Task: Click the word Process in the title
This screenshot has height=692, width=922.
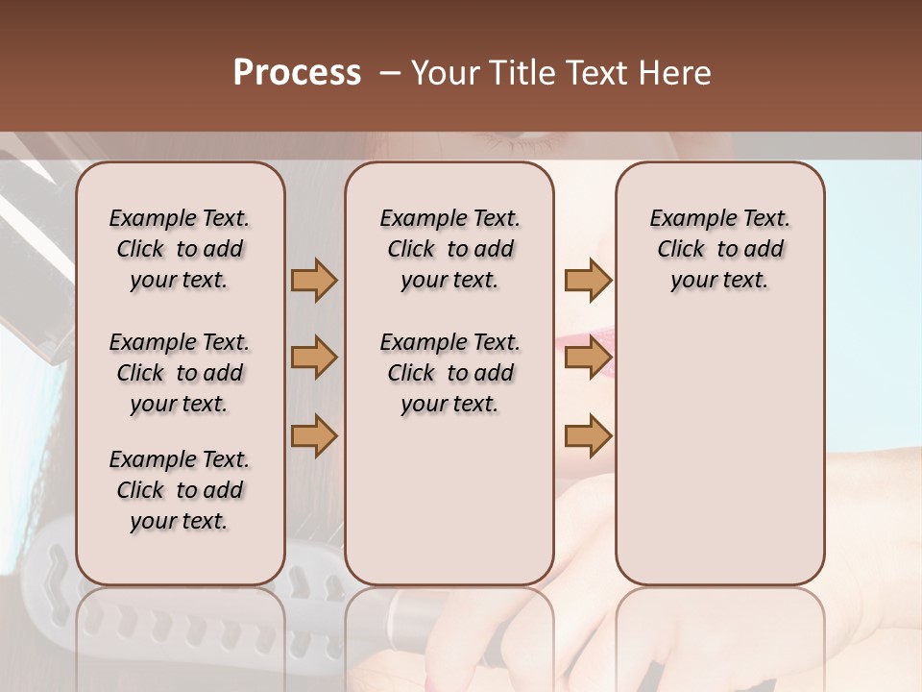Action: coord(297,73)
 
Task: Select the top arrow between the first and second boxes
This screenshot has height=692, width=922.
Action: coord(314,280)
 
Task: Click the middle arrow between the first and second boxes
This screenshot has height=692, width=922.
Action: coord(314,358)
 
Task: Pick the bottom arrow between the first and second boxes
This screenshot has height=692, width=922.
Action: coord(314,435)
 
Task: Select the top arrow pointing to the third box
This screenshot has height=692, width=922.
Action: coord(588,280)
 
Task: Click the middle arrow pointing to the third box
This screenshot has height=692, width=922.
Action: coord(588,358)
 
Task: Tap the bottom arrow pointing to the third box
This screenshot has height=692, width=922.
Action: coord(588,435)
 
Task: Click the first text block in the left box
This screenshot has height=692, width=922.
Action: coord(180,249)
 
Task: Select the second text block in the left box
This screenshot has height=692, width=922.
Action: coord(180,373)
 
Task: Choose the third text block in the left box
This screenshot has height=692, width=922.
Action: coord(180,490)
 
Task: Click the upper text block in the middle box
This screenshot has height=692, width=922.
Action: coord(449,249)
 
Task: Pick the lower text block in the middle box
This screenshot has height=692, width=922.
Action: coord(449,373)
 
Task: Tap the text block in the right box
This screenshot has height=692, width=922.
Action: coord(720,249)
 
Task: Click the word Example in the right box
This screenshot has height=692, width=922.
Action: coord(688,219)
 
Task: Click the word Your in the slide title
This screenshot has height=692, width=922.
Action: coord(445,73)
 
